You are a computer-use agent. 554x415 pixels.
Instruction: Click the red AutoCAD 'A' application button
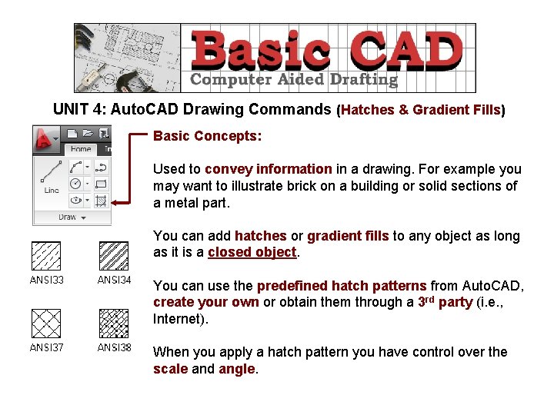pos(48,138)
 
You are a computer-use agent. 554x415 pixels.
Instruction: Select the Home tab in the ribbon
pos(81,149)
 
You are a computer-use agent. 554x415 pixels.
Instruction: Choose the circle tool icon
pos(76,184)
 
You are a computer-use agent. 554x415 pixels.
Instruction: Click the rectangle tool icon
pos(101,184)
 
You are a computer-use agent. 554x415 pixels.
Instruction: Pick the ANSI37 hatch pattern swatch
pos(45,323)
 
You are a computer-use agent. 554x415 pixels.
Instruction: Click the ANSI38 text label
pos(114,348)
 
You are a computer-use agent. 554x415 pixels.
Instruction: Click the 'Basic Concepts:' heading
pos(208,136)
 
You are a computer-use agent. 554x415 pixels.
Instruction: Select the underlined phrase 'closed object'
pos(252,252)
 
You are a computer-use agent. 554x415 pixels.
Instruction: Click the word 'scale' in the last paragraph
pos(169,369)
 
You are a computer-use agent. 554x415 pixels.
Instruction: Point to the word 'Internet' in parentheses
pos(180,319)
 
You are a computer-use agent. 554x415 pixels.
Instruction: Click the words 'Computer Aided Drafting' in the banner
pos(294,79)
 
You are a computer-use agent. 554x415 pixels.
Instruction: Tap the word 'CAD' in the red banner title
pos(406,51)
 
